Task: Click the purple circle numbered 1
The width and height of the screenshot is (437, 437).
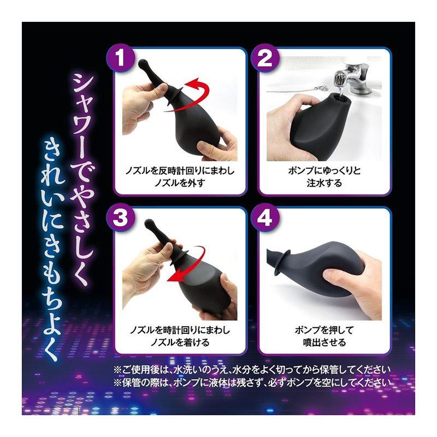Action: (x=120, y=58)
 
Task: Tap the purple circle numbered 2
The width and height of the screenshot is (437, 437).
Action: (x=264, y=58)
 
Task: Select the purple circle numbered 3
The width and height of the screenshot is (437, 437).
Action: (x=120, y=218)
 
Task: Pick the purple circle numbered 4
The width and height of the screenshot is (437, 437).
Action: (x=264, y=218)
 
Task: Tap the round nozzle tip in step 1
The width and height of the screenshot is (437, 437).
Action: (x=143, y=64)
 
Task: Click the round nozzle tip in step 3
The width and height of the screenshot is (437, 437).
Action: (x=150, y=223)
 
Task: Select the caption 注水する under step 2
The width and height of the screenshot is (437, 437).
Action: (x=324, y=184)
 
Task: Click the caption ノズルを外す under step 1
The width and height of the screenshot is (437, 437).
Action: (x=180, y=184)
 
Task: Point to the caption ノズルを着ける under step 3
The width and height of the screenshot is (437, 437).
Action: (x=180, y=342)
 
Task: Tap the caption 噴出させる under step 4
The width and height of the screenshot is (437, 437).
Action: (x=324, y=342)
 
